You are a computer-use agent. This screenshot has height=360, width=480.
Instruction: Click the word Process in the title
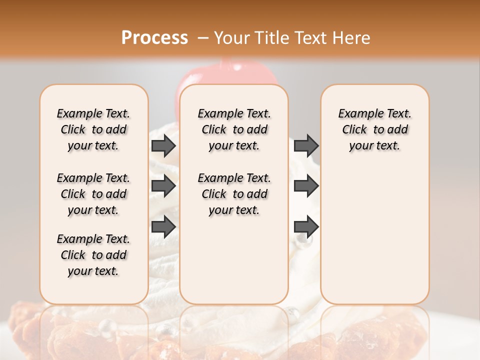154,38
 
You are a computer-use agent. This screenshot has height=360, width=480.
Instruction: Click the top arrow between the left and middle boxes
163,145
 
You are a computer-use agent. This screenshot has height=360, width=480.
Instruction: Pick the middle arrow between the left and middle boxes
163,186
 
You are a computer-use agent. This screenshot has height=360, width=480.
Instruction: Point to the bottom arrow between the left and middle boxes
163,226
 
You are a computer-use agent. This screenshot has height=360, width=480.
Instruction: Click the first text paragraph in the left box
93,129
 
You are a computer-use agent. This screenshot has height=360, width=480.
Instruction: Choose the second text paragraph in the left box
93,194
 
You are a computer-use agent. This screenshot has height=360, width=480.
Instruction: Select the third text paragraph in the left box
93,255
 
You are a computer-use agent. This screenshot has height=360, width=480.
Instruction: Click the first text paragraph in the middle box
234,129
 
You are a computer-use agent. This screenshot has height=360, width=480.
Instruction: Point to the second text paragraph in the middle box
234,194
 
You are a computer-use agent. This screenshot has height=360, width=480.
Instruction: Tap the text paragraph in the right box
375,129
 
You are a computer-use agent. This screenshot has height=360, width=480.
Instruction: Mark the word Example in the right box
357,114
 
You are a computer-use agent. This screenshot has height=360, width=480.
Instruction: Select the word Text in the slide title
311,38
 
